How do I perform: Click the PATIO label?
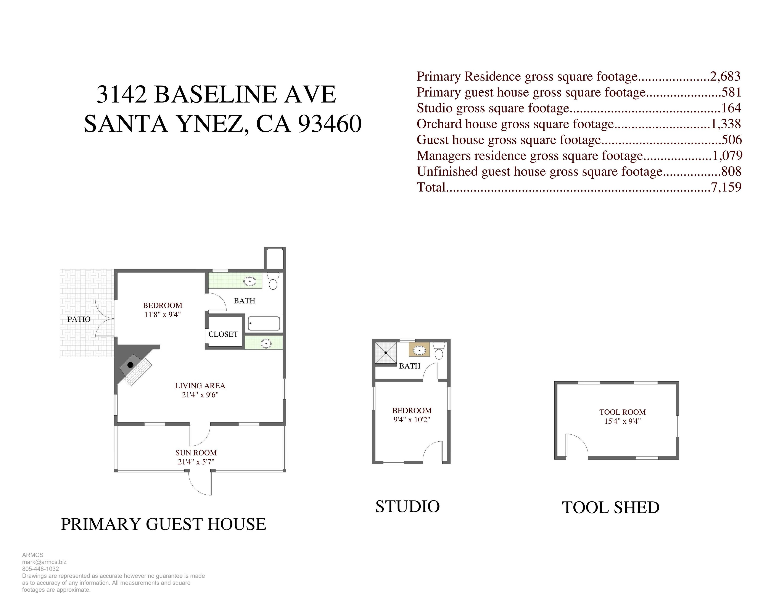click(x=79, y=319)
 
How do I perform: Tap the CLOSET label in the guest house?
click(x=223, y=334)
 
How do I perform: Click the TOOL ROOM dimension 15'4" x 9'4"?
click(x=622, y=421)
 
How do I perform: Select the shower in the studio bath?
click(x=386, y=353)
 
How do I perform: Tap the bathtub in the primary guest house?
click(x=264, y=323)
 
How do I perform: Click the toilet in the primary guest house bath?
click(x=273, y=281)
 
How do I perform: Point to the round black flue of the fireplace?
click(x=130, y=365)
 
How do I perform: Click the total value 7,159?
click(x=726, y=187)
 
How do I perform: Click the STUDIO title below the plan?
click(x=407, y=506)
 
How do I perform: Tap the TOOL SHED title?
click(x=611, y=507)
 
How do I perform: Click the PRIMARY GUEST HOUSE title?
click(x=163, y=524)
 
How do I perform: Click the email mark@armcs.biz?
click(x=44, y=562)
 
